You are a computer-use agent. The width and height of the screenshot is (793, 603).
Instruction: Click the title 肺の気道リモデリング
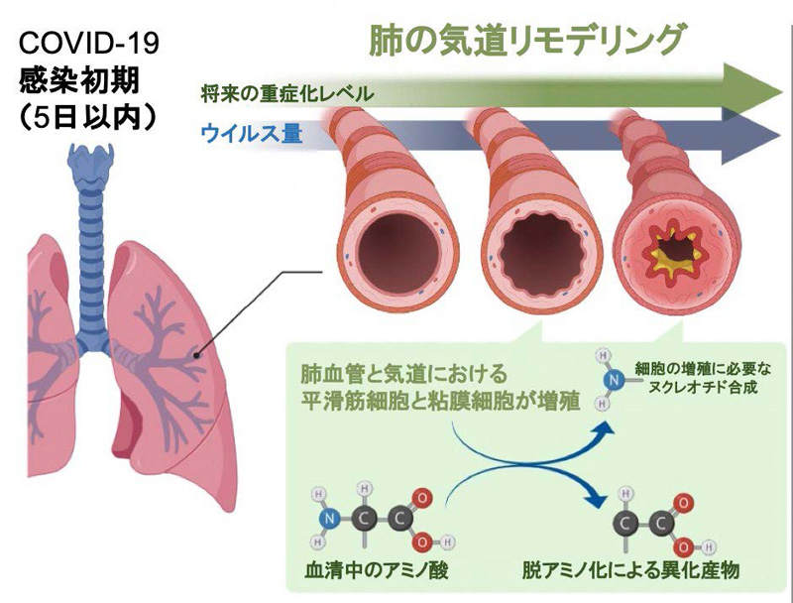[x=526, y=39]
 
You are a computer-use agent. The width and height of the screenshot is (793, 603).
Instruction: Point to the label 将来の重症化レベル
[x=286, y=95]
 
